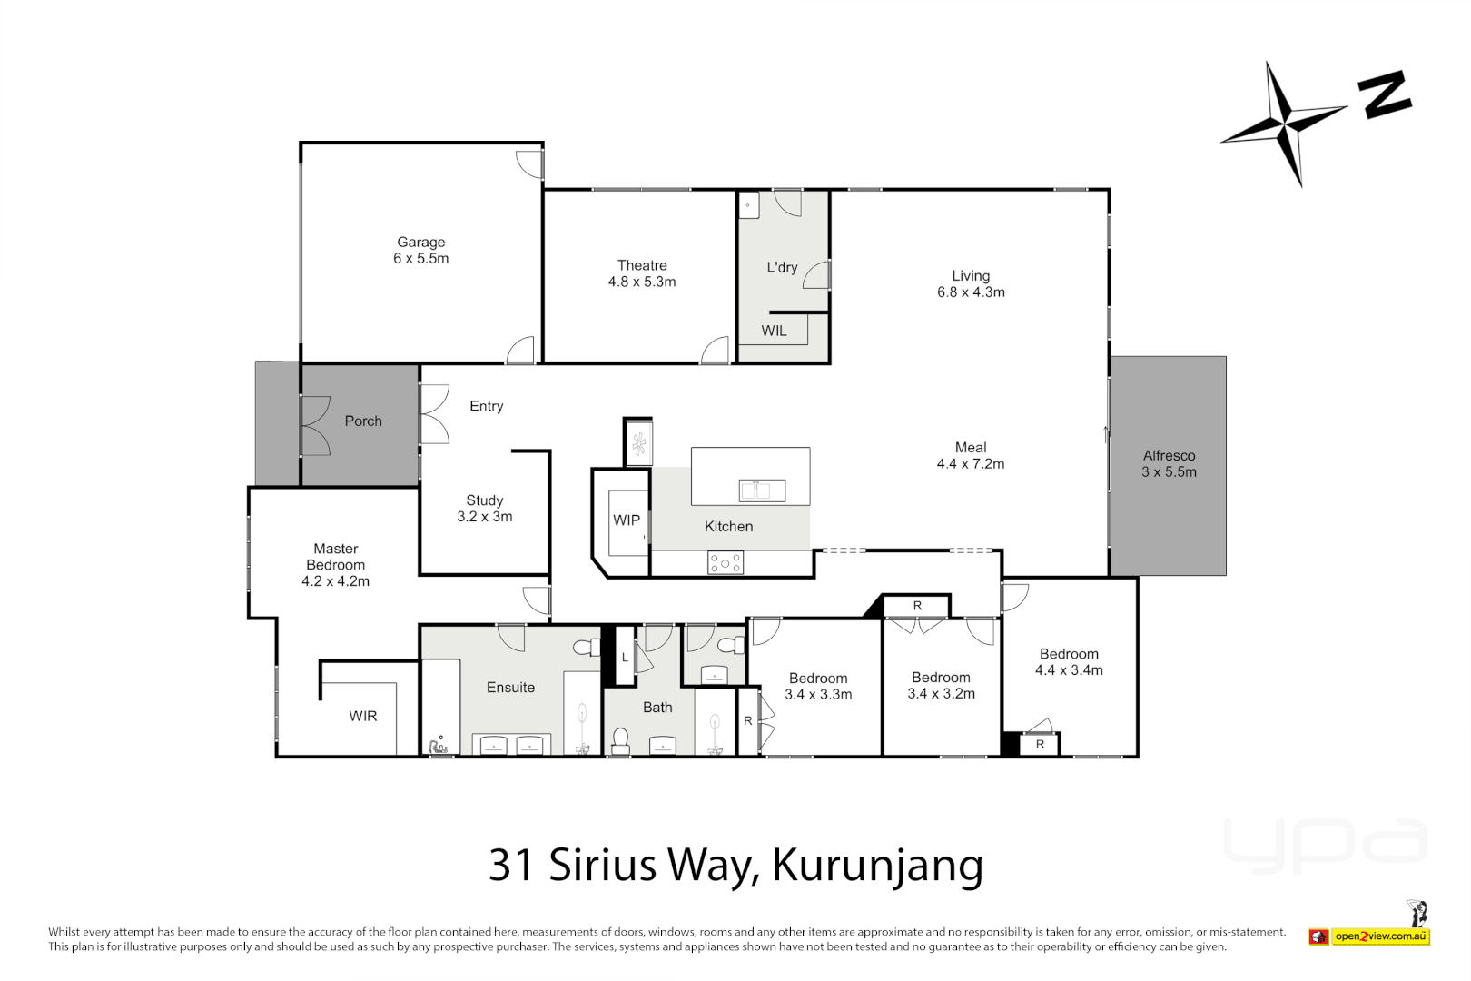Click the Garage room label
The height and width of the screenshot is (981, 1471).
420,250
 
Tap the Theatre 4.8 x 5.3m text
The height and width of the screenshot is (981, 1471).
642,273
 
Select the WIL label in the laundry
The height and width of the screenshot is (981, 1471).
774,331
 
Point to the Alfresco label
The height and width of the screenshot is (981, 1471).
1169,463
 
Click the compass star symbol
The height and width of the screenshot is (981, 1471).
1283,123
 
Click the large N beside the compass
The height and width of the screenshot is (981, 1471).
1385,94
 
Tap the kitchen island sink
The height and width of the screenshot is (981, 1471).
762,490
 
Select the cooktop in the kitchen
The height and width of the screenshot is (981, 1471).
726,563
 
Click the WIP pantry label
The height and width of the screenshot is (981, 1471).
627,520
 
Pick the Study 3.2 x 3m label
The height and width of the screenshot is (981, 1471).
484,509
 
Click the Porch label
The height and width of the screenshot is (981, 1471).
363,421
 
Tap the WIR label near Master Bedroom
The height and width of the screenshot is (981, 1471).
363,717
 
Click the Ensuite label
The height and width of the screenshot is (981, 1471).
510,688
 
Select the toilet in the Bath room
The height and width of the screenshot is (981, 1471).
621,740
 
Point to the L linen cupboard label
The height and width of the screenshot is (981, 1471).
625,658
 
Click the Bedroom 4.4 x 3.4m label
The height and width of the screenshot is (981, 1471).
1069,662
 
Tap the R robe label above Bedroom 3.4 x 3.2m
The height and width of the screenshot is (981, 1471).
917,606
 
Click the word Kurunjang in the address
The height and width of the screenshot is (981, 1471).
877,865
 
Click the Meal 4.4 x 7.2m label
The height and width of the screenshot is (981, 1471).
971,456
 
